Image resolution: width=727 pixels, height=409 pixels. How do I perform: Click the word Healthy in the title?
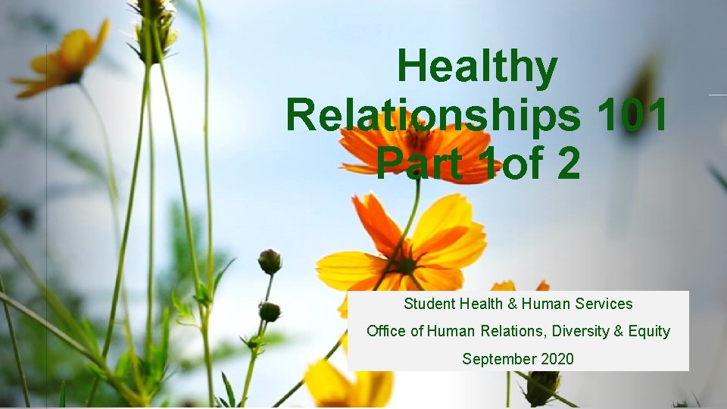point(476,67)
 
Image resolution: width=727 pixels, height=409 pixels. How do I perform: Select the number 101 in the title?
point(632,116)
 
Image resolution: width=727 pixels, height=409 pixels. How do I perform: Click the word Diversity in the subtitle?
point(582,331)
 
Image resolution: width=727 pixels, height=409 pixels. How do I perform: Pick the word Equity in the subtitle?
point(649,331)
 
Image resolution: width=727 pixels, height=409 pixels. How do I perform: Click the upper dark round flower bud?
point(270,261)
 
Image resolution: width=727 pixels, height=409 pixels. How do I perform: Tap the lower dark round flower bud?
point(269,311)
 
